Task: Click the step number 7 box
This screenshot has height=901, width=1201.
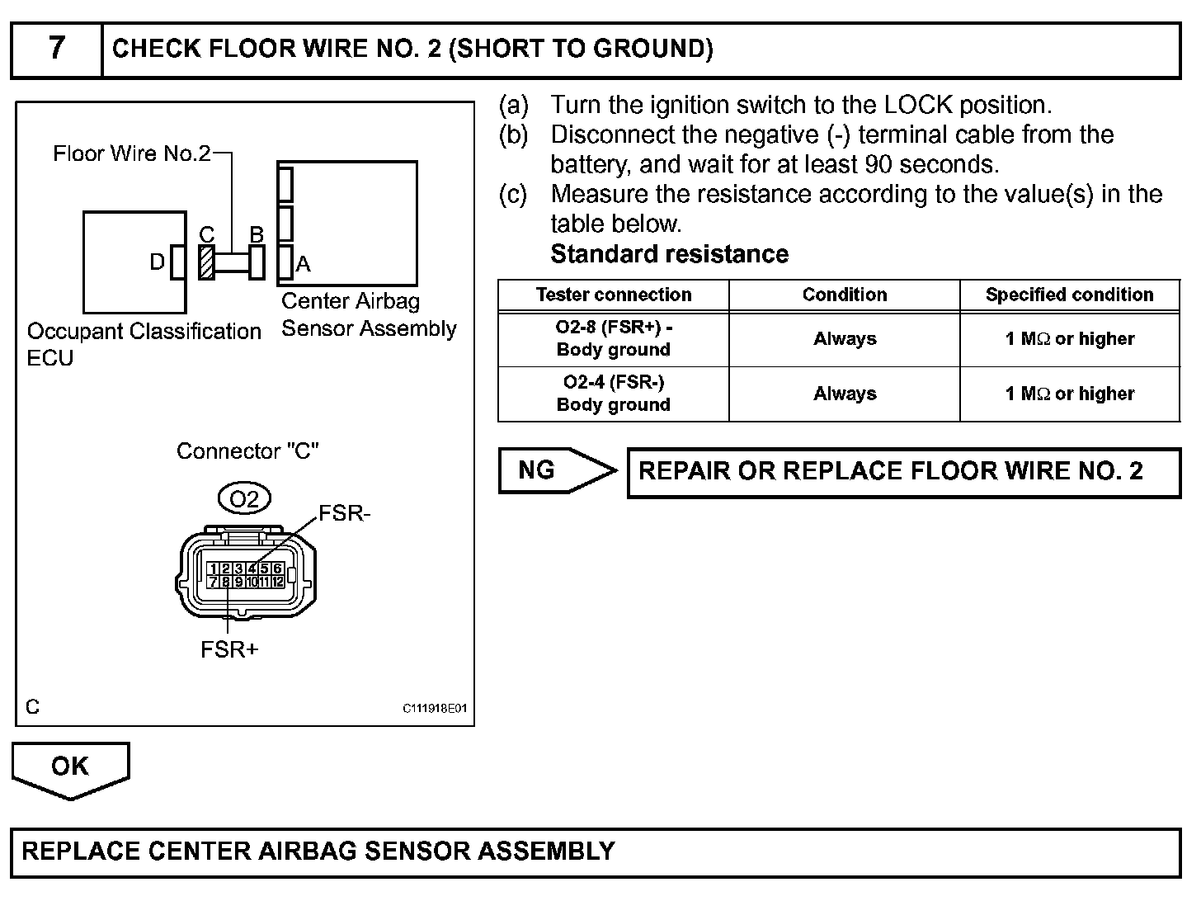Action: coord(56,49)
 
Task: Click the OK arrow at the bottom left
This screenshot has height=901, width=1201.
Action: coord(70,767)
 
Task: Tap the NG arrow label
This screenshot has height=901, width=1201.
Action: coord(537,470)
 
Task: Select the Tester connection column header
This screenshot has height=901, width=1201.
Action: coord(614,295)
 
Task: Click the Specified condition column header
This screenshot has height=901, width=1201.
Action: coord(1069,295)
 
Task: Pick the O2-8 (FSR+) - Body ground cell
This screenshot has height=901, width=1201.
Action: coord(614,338)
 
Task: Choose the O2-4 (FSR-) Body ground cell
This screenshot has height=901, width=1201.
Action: coord(614,394)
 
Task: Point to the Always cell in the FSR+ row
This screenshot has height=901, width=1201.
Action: coord(845,338)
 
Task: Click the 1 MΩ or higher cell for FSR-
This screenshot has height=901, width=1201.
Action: coord(1069,394)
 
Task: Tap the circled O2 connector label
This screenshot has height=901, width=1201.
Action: coord(244,498)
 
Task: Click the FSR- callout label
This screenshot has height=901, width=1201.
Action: coord(345,513)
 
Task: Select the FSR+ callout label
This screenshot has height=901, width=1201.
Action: coord(229,649)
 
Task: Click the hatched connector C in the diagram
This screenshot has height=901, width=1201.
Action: coord(206,262)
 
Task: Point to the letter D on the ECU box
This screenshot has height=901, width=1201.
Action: coord(157,262)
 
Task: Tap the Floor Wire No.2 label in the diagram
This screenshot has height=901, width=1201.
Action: coord(132,153)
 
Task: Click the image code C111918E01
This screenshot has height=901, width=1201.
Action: coord(435,709)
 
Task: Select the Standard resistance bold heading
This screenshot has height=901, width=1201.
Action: coord(669,254)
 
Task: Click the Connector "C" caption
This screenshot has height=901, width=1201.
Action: coord(247,451)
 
